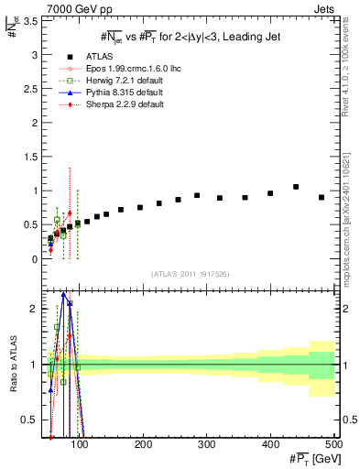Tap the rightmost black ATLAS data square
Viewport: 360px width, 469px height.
coord(322,197)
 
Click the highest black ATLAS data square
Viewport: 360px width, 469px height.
coord(296,187)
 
